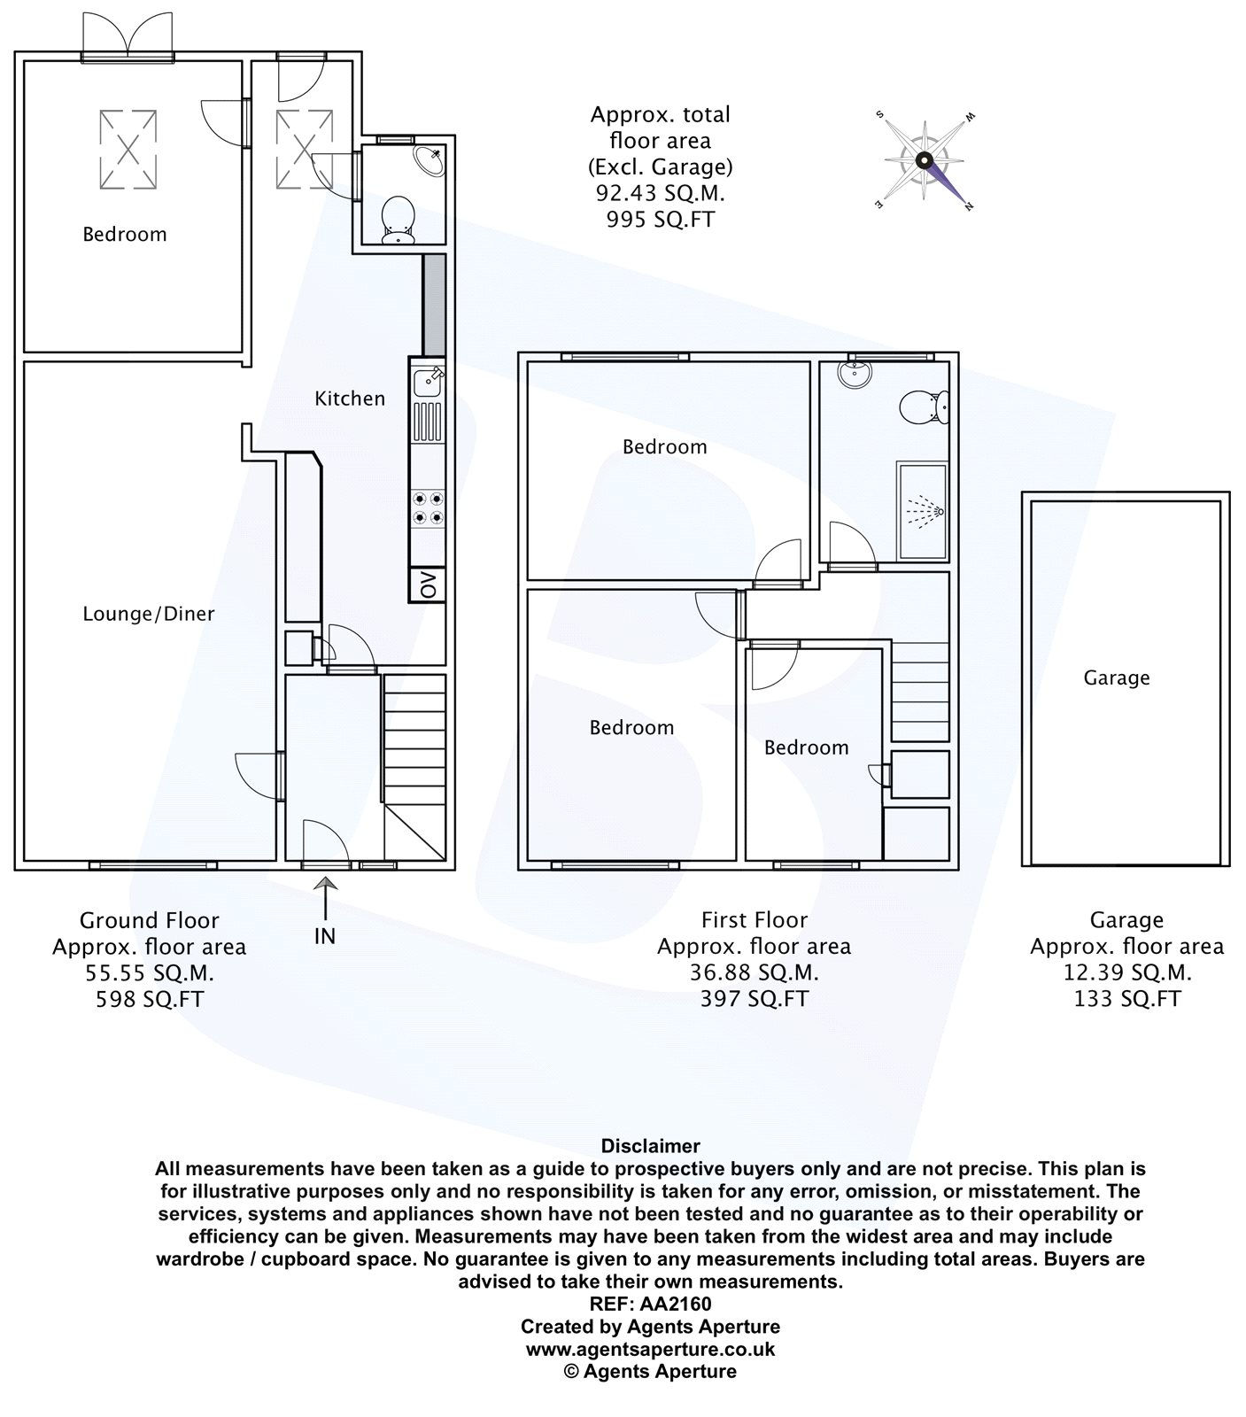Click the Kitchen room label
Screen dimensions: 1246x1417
[x=350, y=399]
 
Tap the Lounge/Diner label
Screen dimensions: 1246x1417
[x=149, y=614]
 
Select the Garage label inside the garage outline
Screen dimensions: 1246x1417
[x=1117, y=678]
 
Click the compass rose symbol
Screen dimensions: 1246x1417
[x=925, y=160]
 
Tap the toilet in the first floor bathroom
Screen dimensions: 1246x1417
[x=924, y=407]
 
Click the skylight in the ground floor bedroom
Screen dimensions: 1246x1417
[x=128, y=150]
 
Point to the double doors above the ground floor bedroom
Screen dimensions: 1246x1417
[x=128, y=35]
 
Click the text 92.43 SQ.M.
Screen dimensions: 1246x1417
[x=660, y=192]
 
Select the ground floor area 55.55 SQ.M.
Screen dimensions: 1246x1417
[x=150, y=972]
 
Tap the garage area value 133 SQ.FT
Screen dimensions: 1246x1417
[x=1126, y=998]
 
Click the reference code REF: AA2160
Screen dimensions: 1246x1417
[x=650, y=1304]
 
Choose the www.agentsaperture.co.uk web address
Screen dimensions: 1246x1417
[x=650, y=1349]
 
